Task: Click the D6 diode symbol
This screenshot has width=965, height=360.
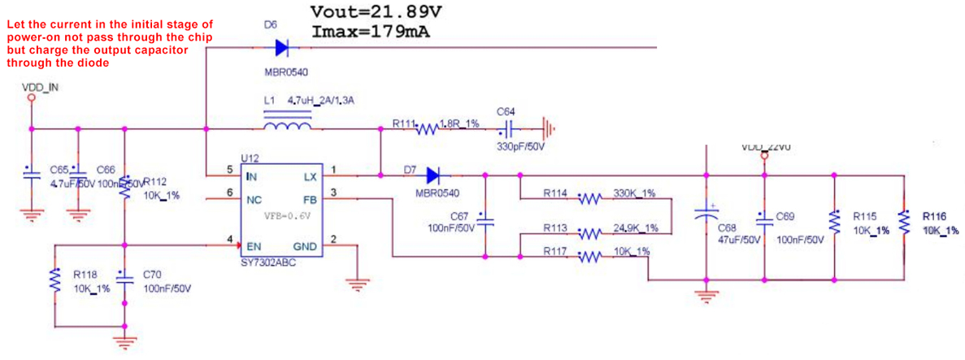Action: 281,48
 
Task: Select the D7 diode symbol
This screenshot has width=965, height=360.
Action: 432,174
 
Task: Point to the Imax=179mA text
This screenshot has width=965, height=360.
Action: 370,32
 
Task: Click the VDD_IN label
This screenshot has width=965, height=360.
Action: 40,86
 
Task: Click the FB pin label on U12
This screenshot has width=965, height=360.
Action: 310,199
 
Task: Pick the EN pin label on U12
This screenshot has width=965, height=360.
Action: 254,246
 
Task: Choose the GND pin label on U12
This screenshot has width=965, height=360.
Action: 305,246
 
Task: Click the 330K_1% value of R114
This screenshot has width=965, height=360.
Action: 634,193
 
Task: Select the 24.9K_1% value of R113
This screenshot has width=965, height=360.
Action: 636,228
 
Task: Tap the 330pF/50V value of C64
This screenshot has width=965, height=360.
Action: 519,147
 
